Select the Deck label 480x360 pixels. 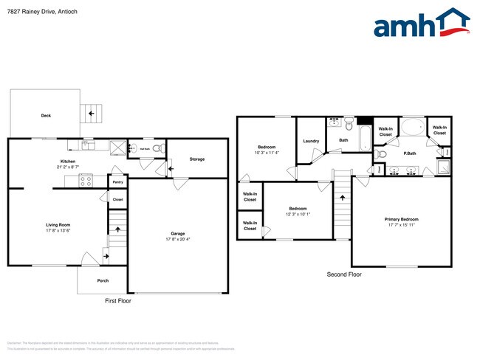(46, 115)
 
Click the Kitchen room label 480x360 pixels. (68, 162)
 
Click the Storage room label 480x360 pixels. (196, 159)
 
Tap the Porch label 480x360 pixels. (103, 280)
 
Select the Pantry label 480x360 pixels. (117, 181)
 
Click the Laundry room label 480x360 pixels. (311, 140)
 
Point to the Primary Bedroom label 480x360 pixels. (401, 219)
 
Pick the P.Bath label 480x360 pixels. (409, 153)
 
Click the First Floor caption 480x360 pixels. (118, 301)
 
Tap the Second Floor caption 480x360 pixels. (344, 274)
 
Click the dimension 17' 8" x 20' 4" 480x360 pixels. (177, 239)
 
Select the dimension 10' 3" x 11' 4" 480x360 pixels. (267, 153)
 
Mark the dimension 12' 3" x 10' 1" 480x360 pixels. (298, 215)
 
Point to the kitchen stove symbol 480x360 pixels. (85, 179)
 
